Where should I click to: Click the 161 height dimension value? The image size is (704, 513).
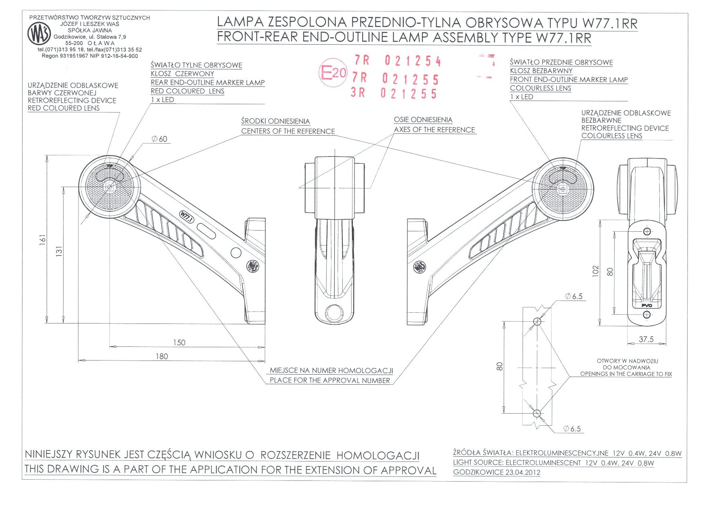coord(43,240)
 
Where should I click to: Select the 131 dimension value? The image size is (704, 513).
coord(59,251)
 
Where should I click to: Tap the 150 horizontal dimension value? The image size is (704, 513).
coord(179,343)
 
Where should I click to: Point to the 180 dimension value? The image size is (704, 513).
coord(162,356)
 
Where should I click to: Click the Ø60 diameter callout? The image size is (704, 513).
coord(160,139)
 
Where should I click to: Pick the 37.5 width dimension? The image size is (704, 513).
coord(646,340)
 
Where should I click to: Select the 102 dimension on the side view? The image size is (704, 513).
coord(596,271)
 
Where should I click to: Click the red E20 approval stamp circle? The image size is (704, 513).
coord(333,73)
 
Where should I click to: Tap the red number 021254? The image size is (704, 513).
coord(413,61)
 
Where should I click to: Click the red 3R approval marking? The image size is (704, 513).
coord(358,93)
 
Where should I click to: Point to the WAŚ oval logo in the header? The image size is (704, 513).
coord(39,33)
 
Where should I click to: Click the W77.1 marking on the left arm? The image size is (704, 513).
coord(187,217)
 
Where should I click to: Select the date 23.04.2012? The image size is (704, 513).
coord(520,472)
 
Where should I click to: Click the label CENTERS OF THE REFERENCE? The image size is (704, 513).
coord(288,132)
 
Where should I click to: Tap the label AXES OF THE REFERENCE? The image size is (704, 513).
coord(434,130)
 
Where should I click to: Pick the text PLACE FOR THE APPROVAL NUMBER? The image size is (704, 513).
coord(329,381)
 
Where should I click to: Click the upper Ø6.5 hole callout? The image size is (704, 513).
coord(574,297)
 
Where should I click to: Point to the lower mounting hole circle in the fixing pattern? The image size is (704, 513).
coord(537,413)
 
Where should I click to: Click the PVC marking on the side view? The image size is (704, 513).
coord(646,305)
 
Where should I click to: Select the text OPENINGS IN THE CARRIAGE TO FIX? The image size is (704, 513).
coord(626,374)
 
